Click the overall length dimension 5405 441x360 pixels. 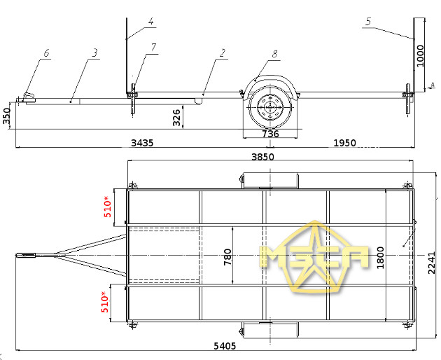click(225, 346)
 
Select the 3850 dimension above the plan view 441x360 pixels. click(262, 157)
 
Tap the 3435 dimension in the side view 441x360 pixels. click(142, 143)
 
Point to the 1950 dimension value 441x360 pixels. click(344, 143)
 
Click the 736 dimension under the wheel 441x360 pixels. click(270, 134)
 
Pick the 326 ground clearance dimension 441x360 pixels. click(176, 118)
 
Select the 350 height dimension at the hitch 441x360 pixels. click(6, 116)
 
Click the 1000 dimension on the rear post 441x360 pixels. click(420, 56)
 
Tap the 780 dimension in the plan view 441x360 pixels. click(227, 257)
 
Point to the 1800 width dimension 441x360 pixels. click(380, 258)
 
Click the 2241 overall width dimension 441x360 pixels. click(431, 263)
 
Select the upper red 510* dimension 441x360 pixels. click(107, 207)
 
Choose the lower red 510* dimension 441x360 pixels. click(104, 302)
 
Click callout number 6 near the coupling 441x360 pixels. click(46, 53)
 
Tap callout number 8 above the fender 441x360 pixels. click(274, 53)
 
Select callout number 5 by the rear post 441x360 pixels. click(368, 22)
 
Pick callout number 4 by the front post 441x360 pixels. click(151, 21)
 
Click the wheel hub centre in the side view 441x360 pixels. click(270, 108)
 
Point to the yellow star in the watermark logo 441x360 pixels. click(314, 256)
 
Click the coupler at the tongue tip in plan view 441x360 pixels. click(26, 256)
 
